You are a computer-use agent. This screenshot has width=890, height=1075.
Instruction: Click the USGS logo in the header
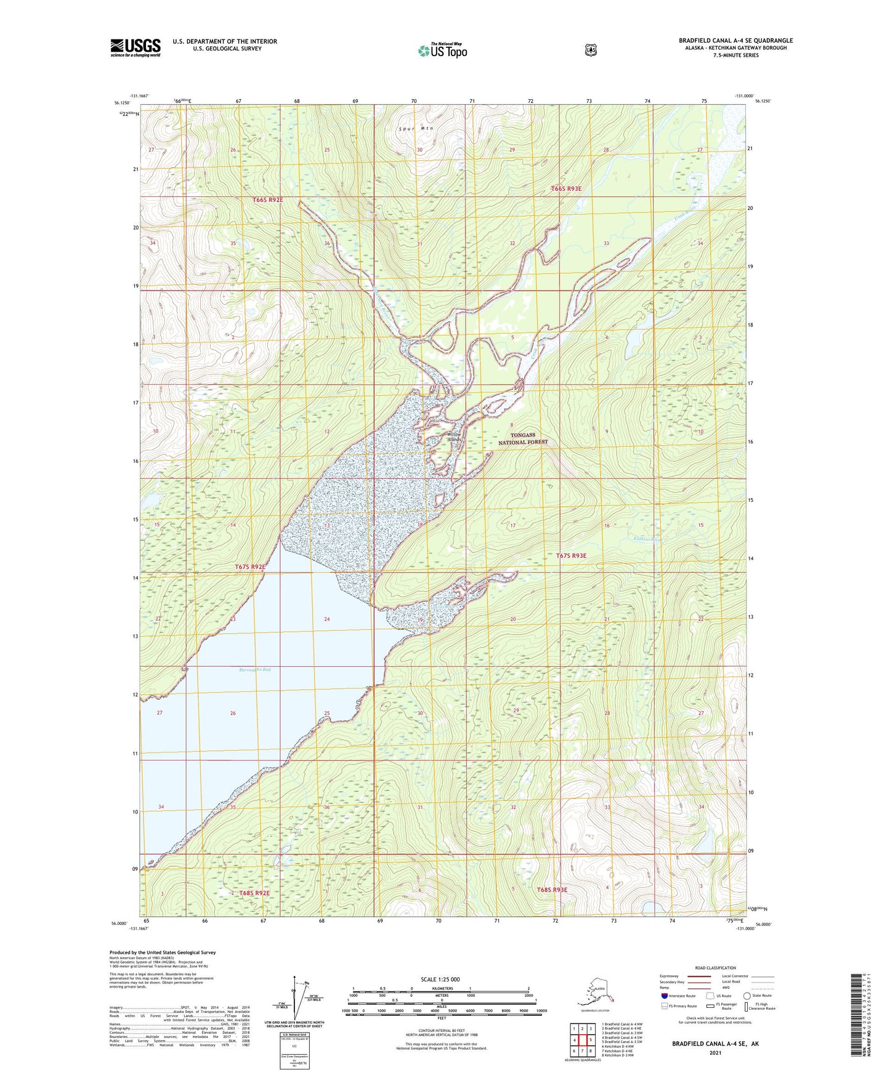coord(136,47)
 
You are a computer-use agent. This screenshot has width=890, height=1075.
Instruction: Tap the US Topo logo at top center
coord(442,50)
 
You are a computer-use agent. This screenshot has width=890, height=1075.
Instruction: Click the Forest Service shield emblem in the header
coord(591,50)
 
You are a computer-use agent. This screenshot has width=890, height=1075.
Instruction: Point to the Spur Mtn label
coord(416,129)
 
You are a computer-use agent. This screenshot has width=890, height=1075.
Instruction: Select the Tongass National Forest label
coord(522,438)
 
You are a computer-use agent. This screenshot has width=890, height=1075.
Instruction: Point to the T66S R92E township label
coord(268,200)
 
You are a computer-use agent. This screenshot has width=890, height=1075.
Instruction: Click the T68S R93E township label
coord(552,889)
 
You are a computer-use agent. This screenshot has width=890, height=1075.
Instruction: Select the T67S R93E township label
coord(572,555)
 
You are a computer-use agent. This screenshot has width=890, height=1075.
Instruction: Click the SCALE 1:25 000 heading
coord(440,979)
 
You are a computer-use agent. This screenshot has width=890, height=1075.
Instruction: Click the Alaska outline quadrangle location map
coord(595,994)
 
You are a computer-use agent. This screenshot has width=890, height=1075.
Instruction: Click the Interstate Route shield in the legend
coord(665,996)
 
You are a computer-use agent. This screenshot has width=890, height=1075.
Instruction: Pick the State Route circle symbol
coord(747,996)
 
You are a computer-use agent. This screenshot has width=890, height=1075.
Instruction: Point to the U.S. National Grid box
coord(294,1051)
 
